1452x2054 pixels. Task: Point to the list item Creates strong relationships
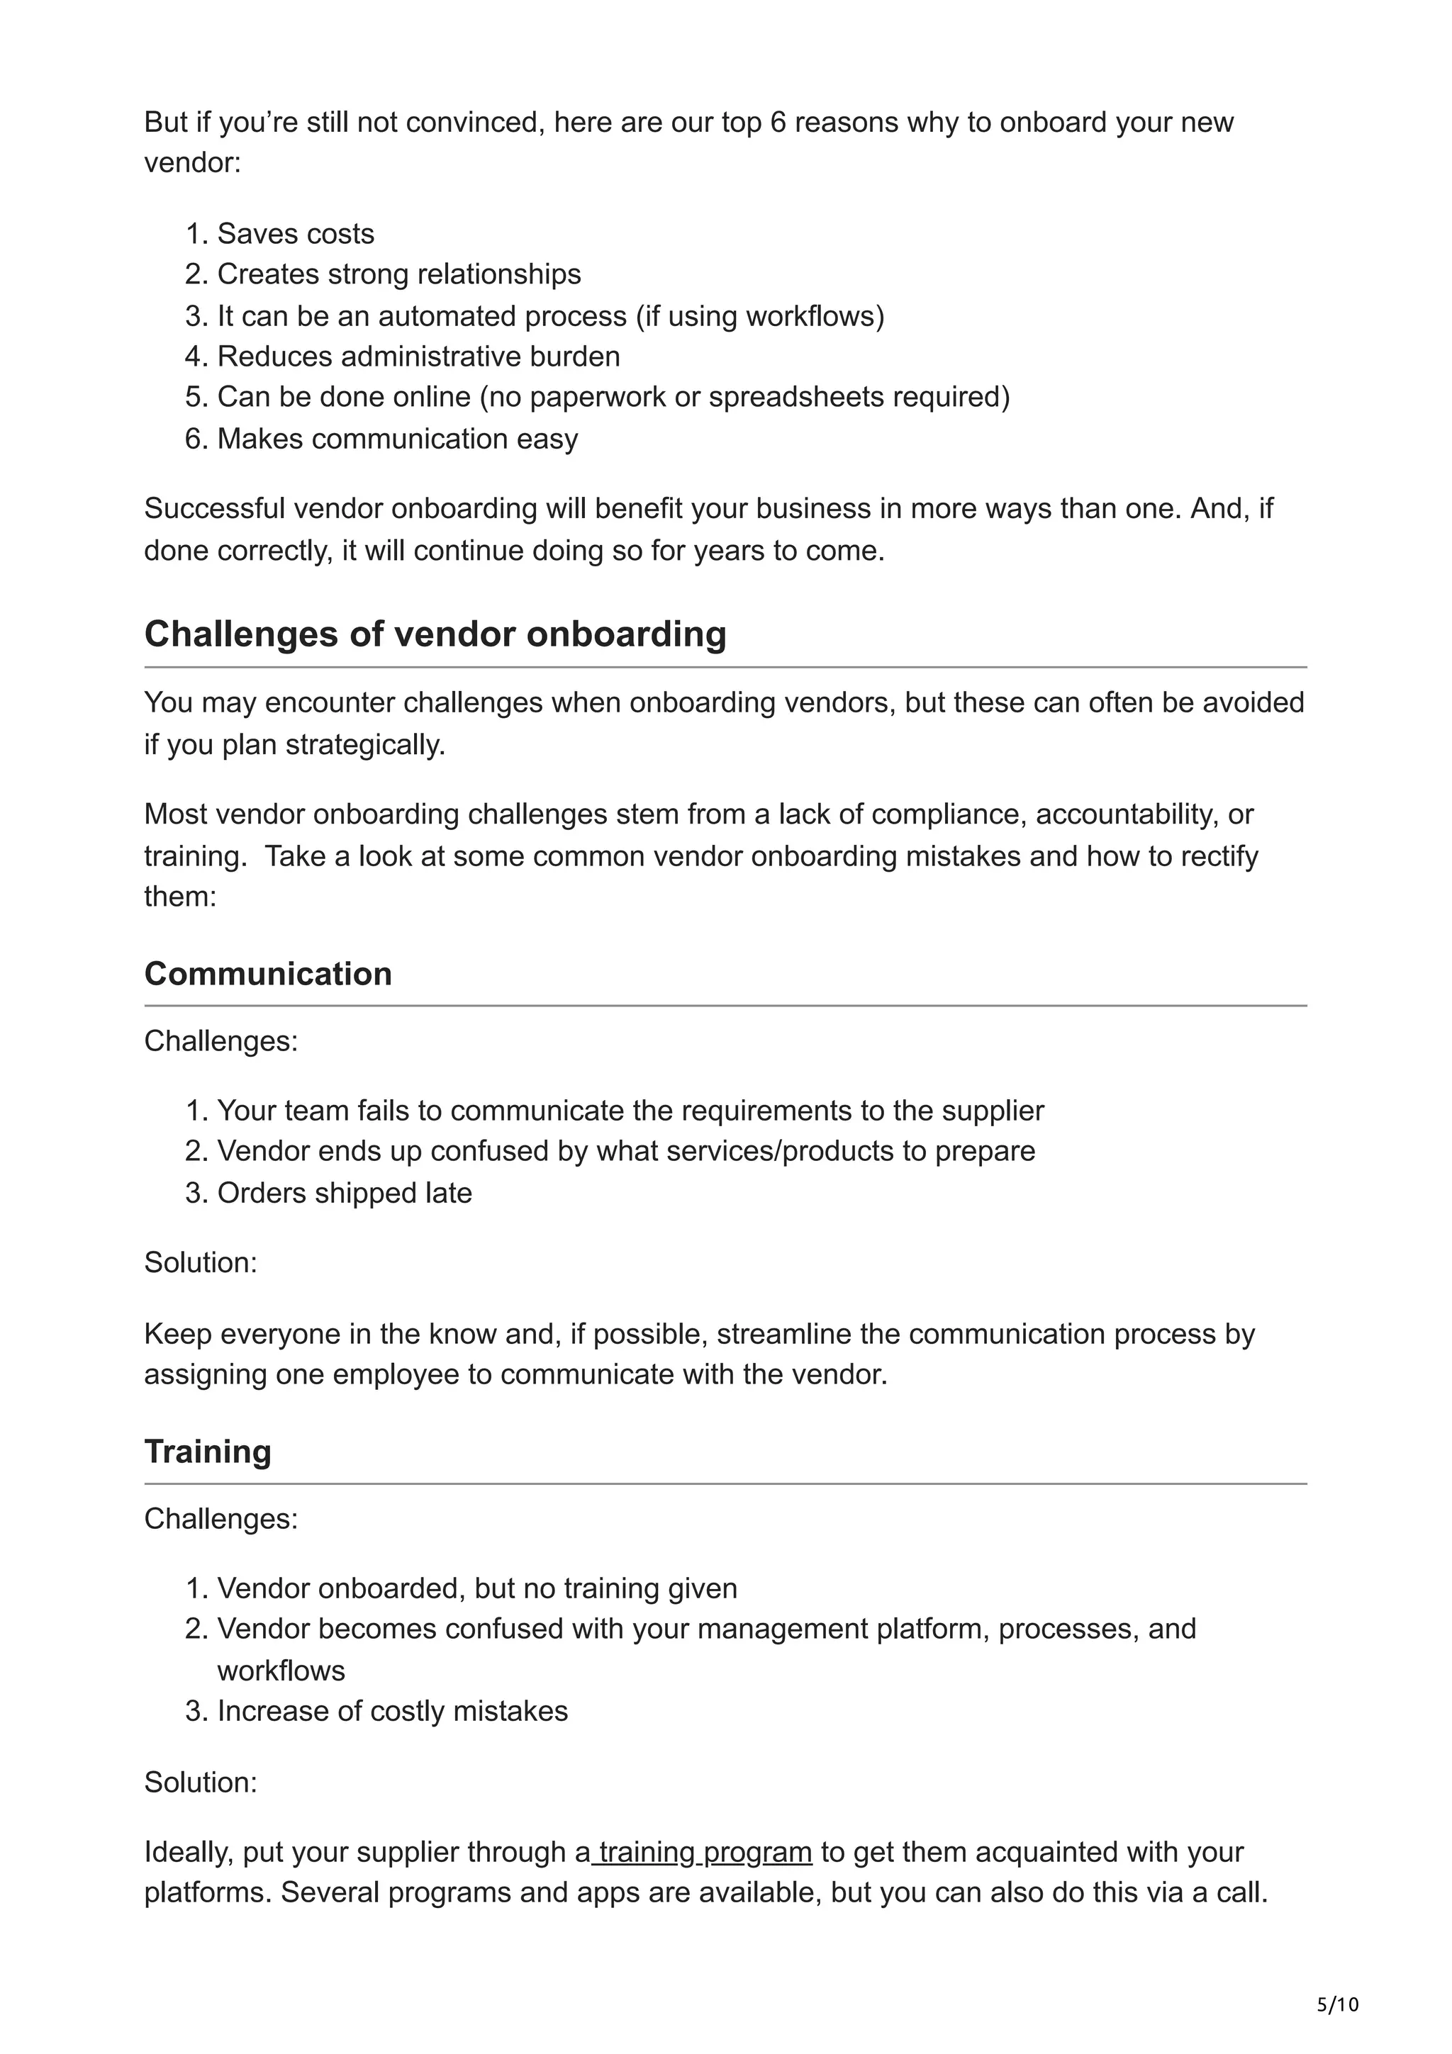click(x=398, y=274)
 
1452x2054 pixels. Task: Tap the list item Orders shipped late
click(x=345, y=1193)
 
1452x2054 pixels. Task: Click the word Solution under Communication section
click(x=201, y=1262)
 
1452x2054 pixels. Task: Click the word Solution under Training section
click(x=201, y=1781)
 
